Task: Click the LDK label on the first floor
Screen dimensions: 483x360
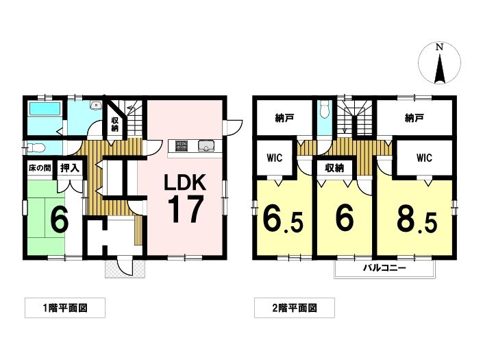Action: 185,182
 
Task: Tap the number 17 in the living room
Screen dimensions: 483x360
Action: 186,209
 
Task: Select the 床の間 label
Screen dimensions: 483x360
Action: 40,168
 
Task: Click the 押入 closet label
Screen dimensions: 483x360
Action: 70,168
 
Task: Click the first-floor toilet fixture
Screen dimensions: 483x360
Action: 36,148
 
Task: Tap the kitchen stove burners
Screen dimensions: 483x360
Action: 182,145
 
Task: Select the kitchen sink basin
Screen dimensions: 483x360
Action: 206,146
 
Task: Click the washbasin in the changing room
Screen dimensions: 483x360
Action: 97,106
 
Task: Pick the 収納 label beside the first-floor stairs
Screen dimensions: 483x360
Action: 114,124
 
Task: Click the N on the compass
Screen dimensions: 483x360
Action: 439,47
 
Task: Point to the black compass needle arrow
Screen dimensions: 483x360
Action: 440,69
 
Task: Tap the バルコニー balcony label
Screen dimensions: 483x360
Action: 384,267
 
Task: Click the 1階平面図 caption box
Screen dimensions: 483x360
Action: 65,308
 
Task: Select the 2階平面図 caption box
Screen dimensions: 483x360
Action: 295,308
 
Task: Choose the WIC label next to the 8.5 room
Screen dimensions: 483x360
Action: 424,158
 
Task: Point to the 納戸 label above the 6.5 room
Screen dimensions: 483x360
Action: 284,118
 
